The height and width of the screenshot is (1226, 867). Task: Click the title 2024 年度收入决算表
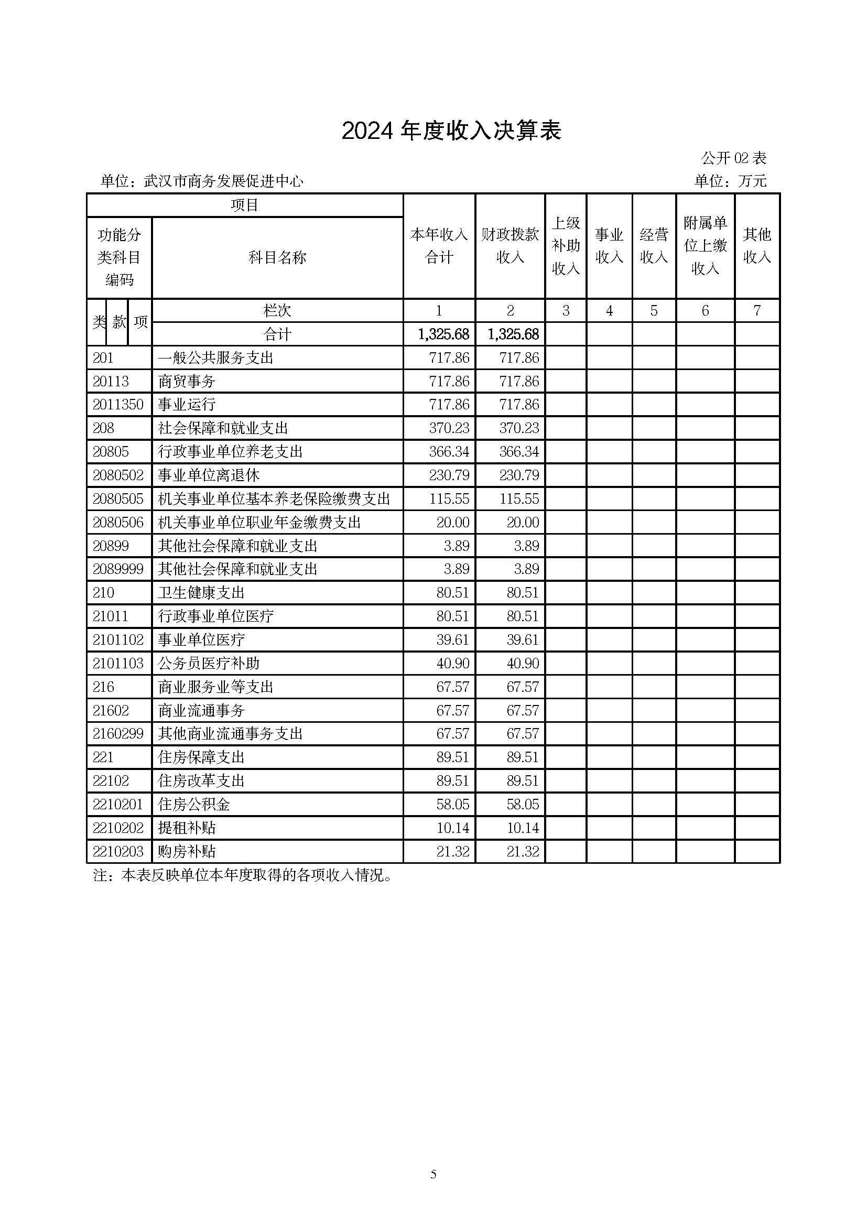[x=451, y=131]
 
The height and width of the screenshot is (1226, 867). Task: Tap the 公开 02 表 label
[x=733, y=158]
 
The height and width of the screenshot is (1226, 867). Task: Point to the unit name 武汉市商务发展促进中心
[x=224, y=181]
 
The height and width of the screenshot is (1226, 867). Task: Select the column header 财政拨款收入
[x=510, y=246]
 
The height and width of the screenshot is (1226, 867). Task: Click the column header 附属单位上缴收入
[x=705, y=246]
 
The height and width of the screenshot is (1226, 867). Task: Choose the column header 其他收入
[x=756, y=246]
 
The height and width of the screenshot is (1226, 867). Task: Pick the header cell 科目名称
[x=277, y=257]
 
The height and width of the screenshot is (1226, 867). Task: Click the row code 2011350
[x=118, y=404]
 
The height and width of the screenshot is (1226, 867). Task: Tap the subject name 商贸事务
[x=187, y=381]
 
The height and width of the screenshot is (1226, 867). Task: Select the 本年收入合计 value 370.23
[x=449, y=428]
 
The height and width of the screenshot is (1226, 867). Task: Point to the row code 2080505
[x=118, y=498]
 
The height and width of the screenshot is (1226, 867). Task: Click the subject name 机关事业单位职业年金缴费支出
[x=259, y=522]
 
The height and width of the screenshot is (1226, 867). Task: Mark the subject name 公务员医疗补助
[x=209, y=663]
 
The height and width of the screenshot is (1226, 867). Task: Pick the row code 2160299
[x=118, y=734]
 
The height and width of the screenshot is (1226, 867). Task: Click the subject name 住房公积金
[x=194, y=804]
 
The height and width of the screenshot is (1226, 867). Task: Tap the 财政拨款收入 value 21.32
[x=523, y=851]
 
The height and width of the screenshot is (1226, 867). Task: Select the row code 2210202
[x=118, y=828]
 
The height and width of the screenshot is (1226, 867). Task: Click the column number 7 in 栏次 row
[x=756, y=310]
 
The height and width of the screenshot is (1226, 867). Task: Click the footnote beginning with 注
[x=243, y=876]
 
